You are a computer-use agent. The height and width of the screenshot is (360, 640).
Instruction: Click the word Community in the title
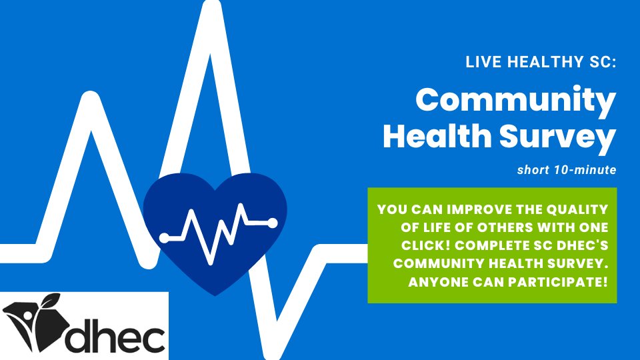point(515,101)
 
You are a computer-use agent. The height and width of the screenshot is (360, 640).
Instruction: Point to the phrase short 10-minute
point(565,170)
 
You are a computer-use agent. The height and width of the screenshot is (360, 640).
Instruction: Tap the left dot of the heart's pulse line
point(164,237)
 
